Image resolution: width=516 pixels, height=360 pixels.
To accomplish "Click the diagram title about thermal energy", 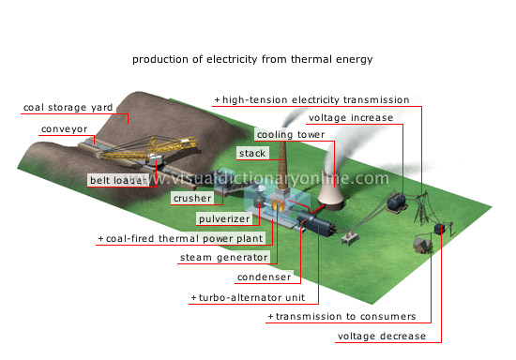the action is [x=252, y=59].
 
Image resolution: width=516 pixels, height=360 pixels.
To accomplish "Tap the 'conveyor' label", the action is [x=64, y=130].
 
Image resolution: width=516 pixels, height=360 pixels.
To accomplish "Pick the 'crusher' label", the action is [x=191, y=199].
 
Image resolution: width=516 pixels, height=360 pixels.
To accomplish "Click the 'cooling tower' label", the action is [x=293, y=134].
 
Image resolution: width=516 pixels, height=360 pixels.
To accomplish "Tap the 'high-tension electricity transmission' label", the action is [x=315, y=99].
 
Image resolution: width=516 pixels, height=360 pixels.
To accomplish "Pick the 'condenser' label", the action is [x=243, y=277].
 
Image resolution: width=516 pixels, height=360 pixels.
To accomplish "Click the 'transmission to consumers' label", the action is [x=344, y=318].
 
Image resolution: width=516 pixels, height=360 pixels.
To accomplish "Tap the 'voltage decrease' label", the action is [x=382, y=337].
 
